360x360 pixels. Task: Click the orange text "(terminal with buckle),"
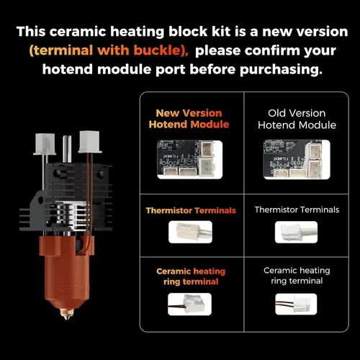point(109,51)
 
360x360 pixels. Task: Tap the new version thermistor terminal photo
point(189,232)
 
